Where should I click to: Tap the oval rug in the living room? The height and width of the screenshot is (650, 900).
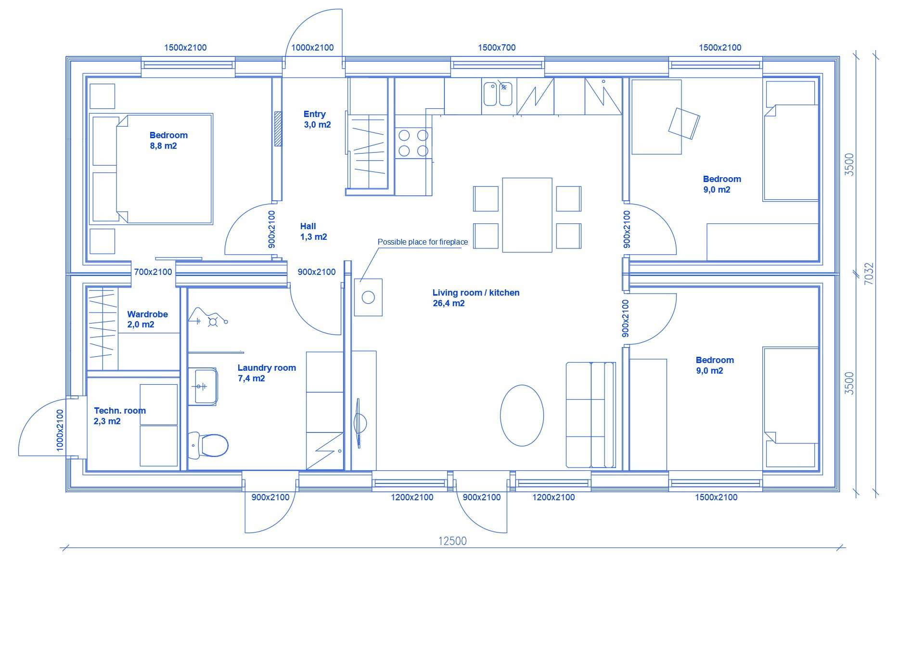(x=522, y=416)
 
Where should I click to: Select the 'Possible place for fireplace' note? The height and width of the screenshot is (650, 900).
(x=423, y=242)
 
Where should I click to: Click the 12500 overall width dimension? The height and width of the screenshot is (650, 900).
(x=452, y=541)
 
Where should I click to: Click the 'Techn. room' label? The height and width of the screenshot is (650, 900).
(x=120, y=411)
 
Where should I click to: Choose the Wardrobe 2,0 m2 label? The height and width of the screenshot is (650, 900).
(x=147, y=319)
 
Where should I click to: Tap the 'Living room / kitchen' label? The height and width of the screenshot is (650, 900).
(x=476, y=293)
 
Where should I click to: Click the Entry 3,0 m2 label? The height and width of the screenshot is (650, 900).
(x=317, y=119)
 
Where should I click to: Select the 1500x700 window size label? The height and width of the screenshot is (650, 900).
(x=497, y=48)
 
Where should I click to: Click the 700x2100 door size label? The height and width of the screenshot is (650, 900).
(x=153, y=272)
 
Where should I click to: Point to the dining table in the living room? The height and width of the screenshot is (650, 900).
(x=527, y=215)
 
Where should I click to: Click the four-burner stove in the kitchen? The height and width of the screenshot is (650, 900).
(x=413, y=143)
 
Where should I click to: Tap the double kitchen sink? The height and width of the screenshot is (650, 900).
(x=498, y=93)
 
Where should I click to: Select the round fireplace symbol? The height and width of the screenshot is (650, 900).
(x=368, y=297)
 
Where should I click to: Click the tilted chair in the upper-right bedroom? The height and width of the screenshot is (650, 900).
(x=684, y=124)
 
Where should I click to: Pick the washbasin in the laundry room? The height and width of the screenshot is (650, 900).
(x=203, y=386)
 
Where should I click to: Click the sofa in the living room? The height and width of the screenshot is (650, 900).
(x=591, y=415)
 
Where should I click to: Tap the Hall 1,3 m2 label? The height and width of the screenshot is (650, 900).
(x=313, y=232)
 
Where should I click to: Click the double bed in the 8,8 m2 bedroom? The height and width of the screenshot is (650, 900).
(x=151, y=169)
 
